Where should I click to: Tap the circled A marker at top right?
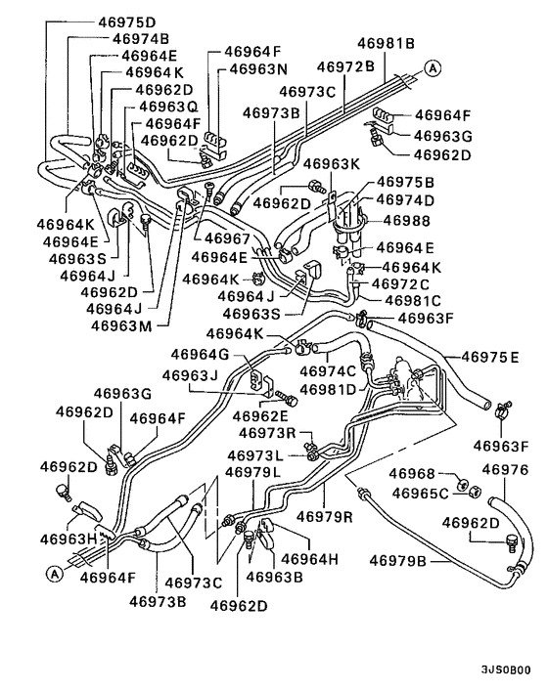click(x=432, y=66)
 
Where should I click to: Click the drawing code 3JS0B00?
click(x=506, y=670)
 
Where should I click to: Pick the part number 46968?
click(x=416, y=474)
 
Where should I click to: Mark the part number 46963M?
click(x=122, y=325)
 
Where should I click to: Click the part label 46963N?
click(x=251, y=69)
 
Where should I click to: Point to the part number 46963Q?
click(x=167, y=106)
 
